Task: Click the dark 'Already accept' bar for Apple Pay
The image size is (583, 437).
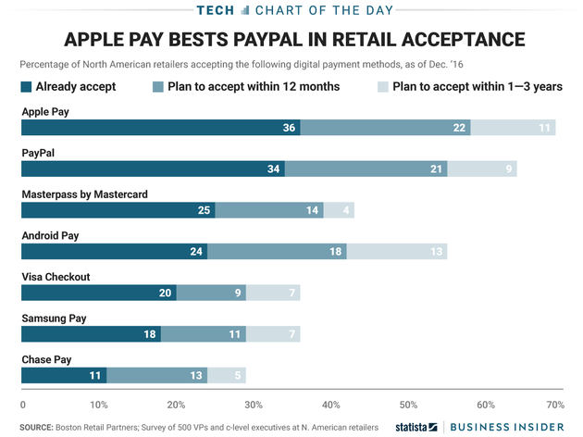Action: (x=160, y=127)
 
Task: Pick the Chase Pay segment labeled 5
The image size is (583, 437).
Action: (x=227, y=375)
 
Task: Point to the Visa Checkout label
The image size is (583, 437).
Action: (x=56, y=277)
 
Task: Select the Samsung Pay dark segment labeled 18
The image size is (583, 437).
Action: (x=91, y=333)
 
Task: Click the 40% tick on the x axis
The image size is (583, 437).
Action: (x=330, y=406)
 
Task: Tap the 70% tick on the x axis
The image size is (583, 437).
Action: (x=554, y=406)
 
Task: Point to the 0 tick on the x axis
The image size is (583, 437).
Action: (x=22, y=406)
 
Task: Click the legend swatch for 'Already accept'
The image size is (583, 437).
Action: (x=26, y=87)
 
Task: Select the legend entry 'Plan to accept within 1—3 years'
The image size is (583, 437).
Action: (x=470, y=87)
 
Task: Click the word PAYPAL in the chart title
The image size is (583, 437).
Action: (x=311, y=40)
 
